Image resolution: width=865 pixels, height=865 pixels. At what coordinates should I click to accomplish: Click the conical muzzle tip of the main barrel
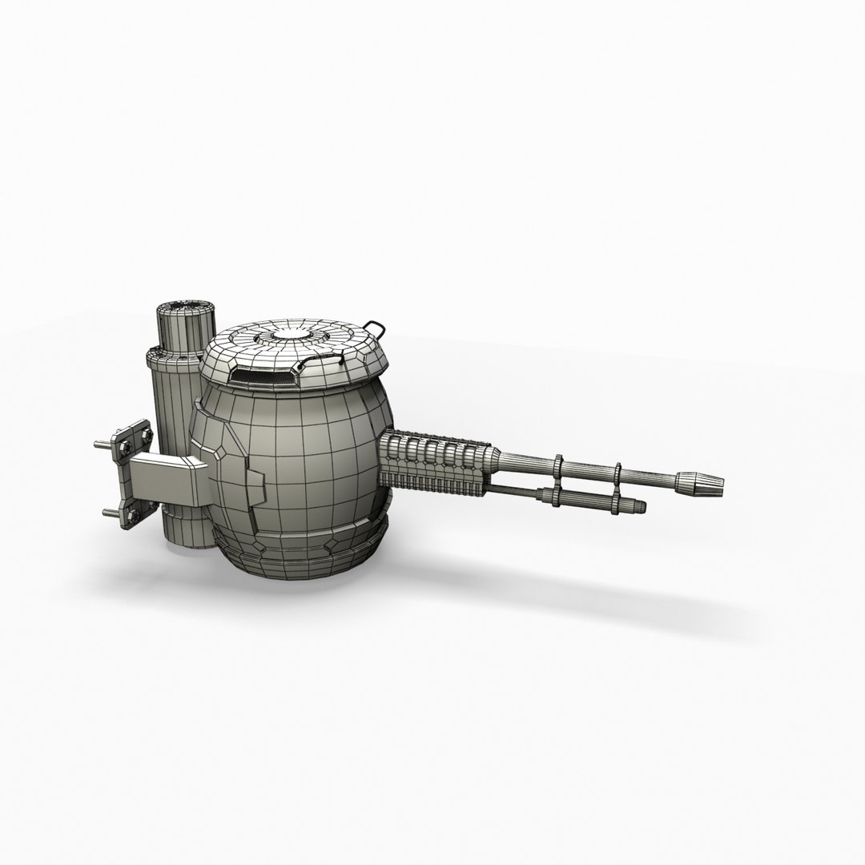700,481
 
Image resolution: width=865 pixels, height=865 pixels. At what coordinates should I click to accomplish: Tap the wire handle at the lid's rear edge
375,328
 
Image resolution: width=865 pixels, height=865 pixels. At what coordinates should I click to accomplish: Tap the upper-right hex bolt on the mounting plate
145,432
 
